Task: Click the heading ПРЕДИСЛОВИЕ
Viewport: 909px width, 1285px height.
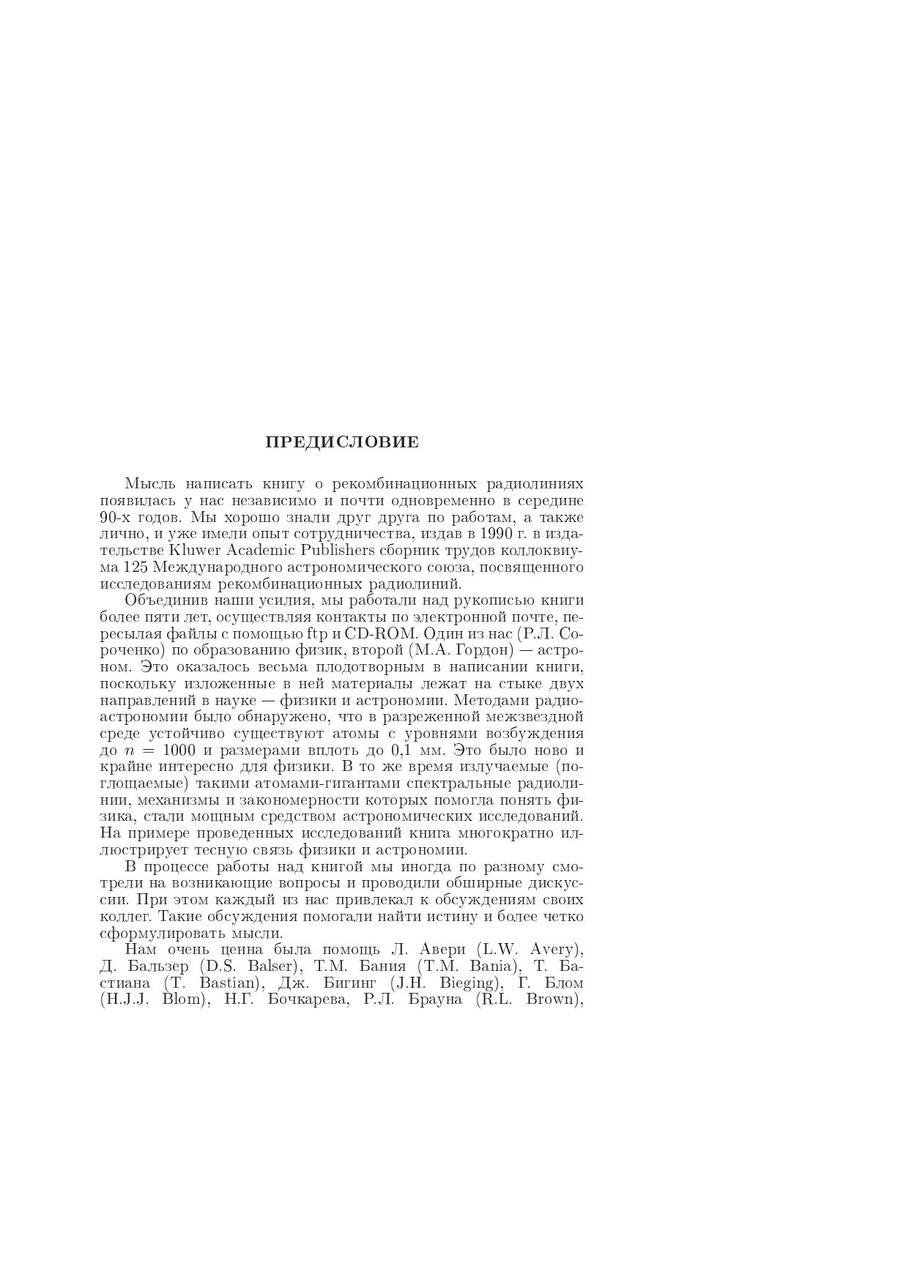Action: tap(342, 442)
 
